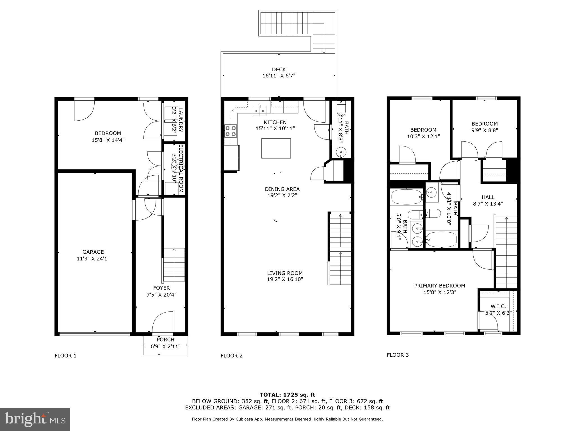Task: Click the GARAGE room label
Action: [93, 252]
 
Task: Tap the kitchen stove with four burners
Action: [231, 131]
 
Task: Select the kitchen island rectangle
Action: [276, 148]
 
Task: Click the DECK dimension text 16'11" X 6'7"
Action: [279, 76]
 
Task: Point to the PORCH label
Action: [165, 340]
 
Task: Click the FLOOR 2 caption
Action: [231, 356]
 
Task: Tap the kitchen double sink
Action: [260, 111]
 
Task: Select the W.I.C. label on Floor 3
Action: [498, 306]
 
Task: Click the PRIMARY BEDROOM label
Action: [439, 286]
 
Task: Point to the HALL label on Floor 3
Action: [488, 197]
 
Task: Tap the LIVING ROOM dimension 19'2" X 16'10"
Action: [285, 279]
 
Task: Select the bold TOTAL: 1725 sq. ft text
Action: [287, 395]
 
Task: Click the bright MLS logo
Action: [35, 419]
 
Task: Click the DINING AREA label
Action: [282, 189]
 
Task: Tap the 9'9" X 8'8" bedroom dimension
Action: [484, 130]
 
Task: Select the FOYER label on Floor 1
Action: [161, 288]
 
